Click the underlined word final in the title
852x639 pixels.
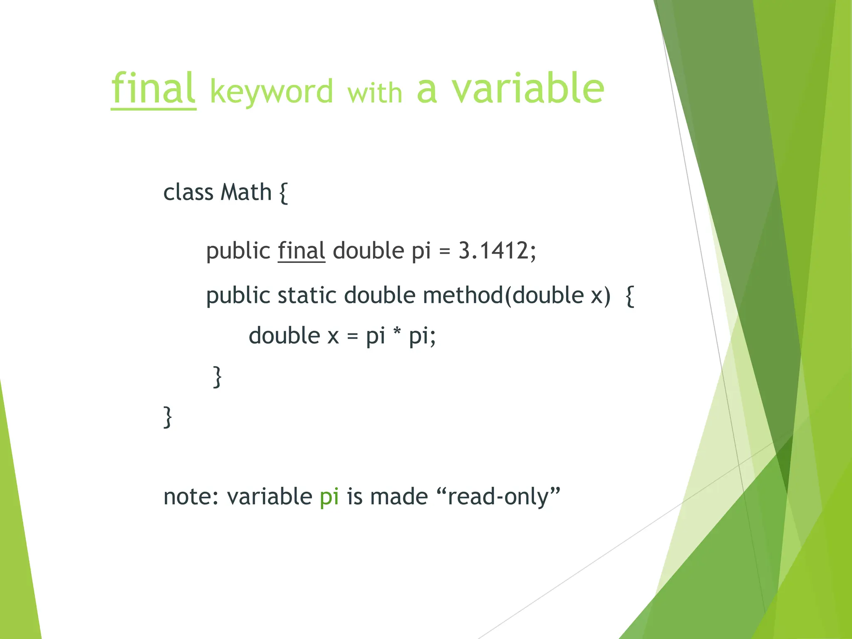[153, 89]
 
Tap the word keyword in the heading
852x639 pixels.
[271, 92]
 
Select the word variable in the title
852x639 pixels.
[528, 88]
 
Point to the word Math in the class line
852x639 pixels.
[246, 193]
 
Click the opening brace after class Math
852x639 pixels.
[283, 193]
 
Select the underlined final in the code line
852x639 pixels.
[301, 251]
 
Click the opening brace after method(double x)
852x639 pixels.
[630, 296]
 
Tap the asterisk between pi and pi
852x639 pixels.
[397, 334]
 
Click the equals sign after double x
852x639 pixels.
[352, 336]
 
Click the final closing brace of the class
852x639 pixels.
[167, 417]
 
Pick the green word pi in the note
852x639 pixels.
[329, 497]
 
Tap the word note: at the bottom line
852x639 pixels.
[191, 497]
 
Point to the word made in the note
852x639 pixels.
[399, 497]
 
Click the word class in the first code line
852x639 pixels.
[188, 193]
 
